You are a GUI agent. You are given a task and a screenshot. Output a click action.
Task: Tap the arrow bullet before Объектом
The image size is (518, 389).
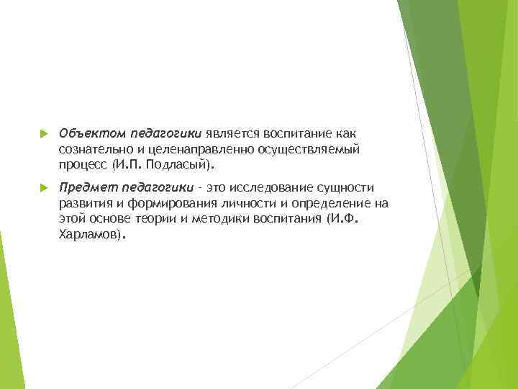coord(43,134)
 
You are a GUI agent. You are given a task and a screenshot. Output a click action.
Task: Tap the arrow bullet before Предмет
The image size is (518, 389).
coord(43,187)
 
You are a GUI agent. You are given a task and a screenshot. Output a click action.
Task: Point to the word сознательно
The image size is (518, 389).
coord(92,149)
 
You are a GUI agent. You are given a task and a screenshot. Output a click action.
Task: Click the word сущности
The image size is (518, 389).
coord(345,187)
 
